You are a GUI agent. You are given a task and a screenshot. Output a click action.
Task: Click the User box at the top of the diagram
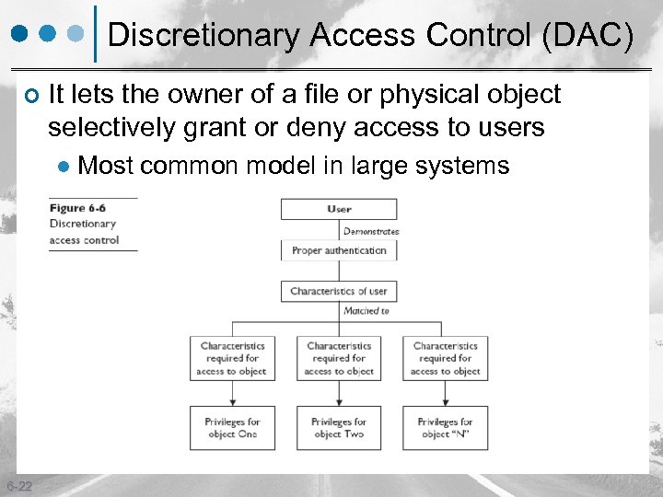(x=339, y=209)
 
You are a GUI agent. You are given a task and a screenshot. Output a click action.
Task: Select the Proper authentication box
(x=339, y=250)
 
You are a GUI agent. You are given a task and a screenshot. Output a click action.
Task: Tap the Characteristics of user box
(x=339, y=291)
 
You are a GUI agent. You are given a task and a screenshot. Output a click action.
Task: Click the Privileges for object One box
(x=232, y=428)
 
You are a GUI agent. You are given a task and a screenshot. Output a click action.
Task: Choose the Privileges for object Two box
(x=339, y=428)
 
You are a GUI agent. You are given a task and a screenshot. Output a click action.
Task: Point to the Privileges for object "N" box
(x=445, y=428)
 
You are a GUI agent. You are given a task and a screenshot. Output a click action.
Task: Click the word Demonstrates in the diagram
(x=371, y=231)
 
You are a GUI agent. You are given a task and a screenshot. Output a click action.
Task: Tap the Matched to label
(x=366, y=311)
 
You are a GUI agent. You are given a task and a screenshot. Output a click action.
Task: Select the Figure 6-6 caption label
(x=79, y=208)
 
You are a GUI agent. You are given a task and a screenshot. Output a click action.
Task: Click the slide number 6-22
(x=18, y=486)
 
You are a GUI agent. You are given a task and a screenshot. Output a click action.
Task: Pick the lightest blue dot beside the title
(x=78, y=33)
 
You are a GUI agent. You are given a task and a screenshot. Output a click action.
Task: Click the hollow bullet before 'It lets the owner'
(x=31, y=95)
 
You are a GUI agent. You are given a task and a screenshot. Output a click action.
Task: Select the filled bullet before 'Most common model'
(x=64, y=167)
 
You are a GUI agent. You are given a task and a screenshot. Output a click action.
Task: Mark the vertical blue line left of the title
(x=97, y=35)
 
